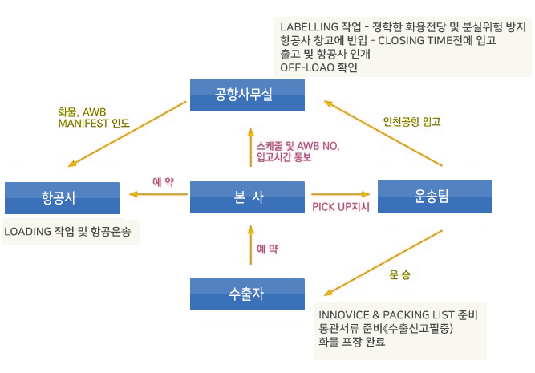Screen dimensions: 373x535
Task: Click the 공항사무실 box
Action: coord(247,95)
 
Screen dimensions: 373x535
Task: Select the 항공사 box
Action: coord(62,197)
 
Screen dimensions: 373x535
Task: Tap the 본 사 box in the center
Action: coord(247,197)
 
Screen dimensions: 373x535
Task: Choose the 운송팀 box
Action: coord(434,197)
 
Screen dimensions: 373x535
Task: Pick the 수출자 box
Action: coord(247,294)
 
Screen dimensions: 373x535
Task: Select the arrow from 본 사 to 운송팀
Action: coord(342,194)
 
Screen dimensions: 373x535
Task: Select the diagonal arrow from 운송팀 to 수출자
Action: coord(383,261)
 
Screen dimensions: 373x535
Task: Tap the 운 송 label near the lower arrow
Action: coord(399,274)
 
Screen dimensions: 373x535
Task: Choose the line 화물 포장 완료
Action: coord(352,343)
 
